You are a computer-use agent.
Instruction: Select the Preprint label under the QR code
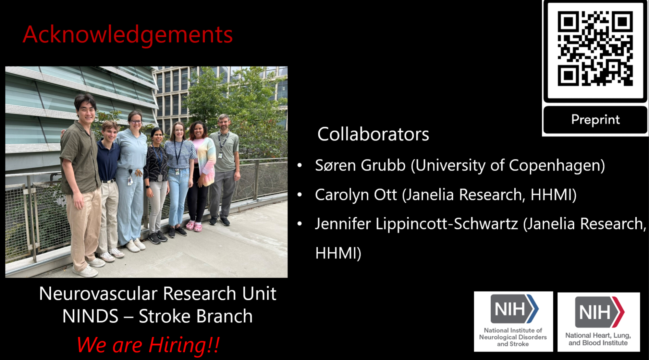coord(595,120)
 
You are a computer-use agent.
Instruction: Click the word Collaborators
coord(373,134)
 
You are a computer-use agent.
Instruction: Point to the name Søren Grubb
coord(360,165)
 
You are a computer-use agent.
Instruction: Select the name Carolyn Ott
coord(356,195)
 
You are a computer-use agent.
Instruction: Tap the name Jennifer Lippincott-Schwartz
coord(416,224)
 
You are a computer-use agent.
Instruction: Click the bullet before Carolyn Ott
coord(300,195)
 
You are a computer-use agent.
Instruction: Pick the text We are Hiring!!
coord(148,345)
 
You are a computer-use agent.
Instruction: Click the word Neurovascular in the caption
coord(98,294)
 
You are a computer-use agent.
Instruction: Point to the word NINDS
coord(90,316)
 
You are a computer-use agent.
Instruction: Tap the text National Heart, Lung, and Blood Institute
coord(598,339)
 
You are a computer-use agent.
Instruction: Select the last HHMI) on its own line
coord(338,253)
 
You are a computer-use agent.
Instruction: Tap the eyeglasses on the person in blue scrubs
coord(136,122)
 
